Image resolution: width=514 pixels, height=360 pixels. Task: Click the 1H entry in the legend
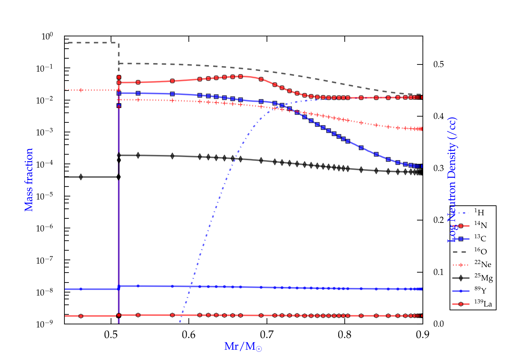(x=479, y=213)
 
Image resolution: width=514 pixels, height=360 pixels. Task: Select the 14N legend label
(x=480, y=225)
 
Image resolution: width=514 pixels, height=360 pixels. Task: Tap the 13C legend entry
(x=480, y=238)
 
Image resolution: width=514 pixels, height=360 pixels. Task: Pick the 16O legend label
(x=480, y=251)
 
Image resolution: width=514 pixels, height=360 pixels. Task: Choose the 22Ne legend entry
(x=482, y=264)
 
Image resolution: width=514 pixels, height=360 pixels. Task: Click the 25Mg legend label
(x=483, y=278)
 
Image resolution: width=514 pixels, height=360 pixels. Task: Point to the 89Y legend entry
(x=480, y=290)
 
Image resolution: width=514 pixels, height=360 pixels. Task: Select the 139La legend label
(x=483, y=303)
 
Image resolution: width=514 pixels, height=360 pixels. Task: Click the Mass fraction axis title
(x=29, y=180)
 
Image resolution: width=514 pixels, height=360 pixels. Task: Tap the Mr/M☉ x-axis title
(x=243, y=347)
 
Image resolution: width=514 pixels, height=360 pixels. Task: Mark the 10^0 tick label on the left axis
(x=47, y=36)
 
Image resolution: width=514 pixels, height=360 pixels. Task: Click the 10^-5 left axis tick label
(x=45, y=196)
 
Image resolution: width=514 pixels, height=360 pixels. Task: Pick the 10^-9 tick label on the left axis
(x=45, y=324)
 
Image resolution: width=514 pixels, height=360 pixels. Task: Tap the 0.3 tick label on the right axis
(x=439, y=168)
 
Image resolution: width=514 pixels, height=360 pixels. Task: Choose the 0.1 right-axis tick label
(x=439, y=272)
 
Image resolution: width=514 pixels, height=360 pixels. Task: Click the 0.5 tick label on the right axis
(x=439, y=64)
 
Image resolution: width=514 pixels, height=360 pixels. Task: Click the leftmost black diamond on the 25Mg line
(x=81, y=177)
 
